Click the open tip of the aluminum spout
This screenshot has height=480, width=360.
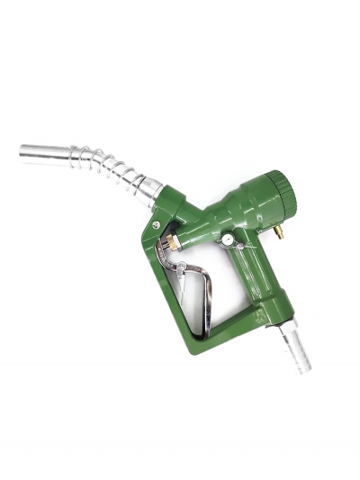(22, 149)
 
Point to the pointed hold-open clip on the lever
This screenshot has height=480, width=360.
(180, 268)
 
